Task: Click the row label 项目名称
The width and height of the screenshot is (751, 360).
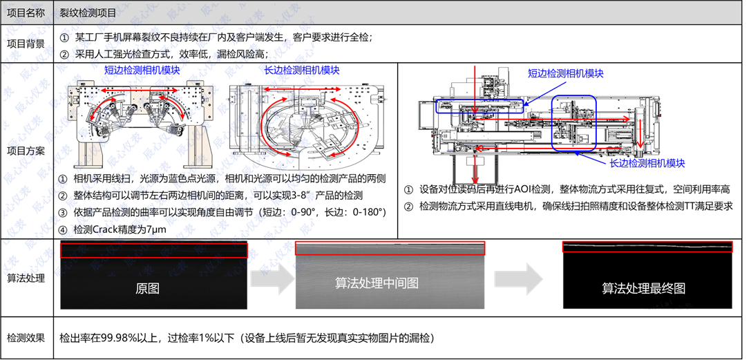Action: tap(26, 13)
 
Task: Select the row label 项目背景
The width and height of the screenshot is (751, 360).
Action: tap(26, 44)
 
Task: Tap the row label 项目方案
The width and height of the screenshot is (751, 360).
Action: tap(26, 151)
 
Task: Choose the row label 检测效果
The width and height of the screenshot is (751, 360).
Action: tap(26, 338)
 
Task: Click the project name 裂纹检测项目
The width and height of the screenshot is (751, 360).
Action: tap(88, 13)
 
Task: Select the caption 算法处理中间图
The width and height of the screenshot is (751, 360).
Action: tap(377, 283)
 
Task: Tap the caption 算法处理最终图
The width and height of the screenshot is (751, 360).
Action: tap(643, 288)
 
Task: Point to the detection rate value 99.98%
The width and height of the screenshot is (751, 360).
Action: tap(120, 338)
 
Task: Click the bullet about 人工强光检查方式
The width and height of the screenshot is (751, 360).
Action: tap(164, 54)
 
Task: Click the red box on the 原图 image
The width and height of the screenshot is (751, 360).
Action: tap(153, 250)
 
